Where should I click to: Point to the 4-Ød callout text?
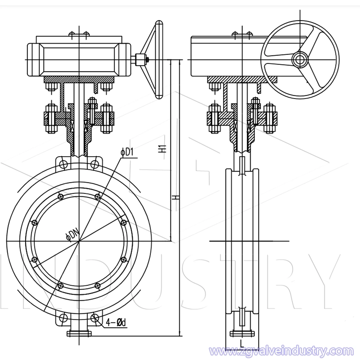point(115,323)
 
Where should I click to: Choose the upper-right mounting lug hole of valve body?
point(95,164)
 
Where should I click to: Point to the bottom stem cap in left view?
point(79,333)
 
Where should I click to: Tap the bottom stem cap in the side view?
point(243,333)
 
